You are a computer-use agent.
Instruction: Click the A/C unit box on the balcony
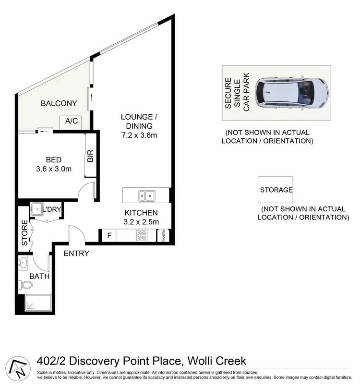tap(72, 121)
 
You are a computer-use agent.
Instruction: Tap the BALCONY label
tap(59, 103)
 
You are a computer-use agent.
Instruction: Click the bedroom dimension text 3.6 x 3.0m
tap(54, 169)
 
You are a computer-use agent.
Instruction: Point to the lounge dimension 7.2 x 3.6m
tap(139, 135)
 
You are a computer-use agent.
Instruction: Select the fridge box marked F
tap(109, 236)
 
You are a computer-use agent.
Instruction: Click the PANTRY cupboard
tap(164, 236)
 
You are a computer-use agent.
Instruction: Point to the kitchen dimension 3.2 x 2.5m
tap(141, 221)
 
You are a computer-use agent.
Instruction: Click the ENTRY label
tap(76, 253)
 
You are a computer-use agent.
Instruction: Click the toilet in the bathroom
tap(26, 285)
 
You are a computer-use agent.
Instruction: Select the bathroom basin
tap(24, 263)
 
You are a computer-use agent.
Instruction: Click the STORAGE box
tap(276, 190)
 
